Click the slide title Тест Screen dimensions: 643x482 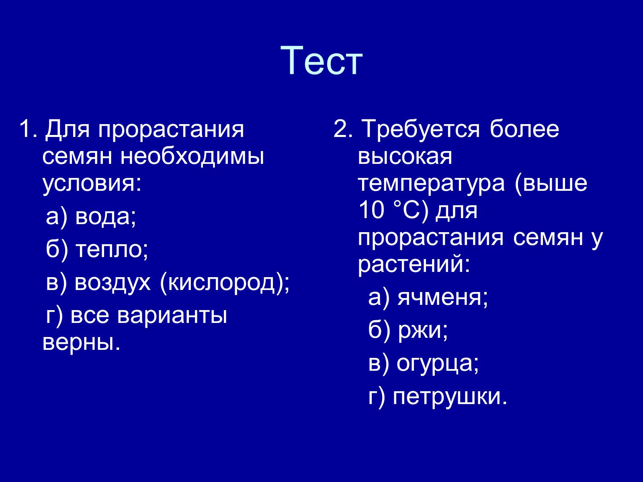point(321,61)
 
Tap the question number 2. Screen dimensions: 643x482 point(343,129)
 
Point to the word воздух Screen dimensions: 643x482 point(113,284)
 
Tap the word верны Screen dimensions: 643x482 point(82,342)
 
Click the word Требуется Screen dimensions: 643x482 point(421,129)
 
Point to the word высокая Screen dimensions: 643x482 point(405,157)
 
